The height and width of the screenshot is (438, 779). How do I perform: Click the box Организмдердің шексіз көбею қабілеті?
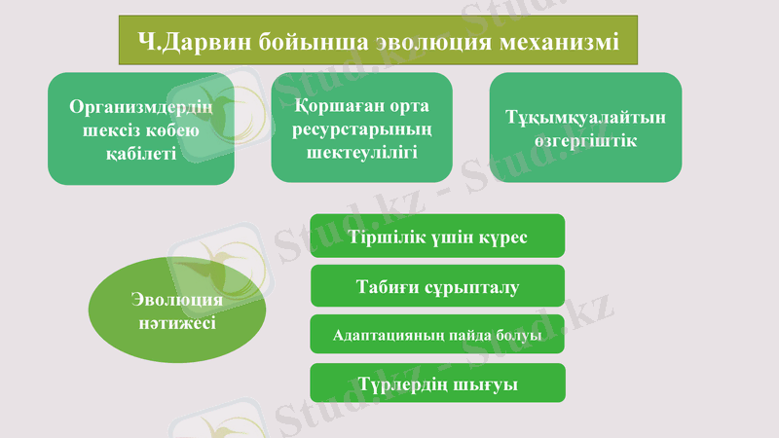tap(141, 128)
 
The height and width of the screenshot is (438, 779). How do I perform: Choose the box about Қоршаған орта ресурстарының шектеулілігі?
tap(361, 128)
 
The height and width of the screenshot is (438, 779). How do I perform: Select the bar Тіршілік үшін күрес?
tap(437, 237)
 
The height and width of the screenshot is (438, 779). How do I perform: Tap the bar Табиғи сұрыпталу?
tap(437, 287)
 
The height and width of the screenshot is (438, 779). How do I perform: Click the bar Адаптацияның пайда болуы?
tap(437, 337)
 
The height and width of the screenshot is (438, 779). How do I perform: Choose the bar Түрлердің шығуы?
tap(437, 384)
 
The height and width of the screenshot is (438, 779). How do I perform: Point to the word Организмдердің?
tap(141, 107)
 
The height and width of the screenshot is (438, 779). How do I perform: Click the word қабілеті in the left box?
tap(141, 152)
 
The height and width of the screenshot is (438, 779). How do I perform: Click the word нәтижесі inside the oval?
tap(177, 323)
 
